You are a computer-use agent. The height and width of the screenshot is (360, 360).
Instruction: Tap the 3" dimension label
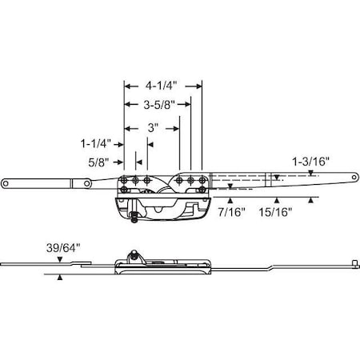coord(151,126)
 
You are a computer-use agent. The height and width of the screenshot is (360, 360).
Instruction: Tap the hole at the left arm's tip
coord(11,184)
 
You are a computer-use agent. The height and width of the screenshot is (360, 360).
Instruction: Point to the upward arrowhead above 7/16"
coord(230,199)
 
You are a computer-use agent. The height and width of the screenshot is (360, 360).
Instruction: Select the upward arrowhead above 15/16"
coord(276,199)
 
